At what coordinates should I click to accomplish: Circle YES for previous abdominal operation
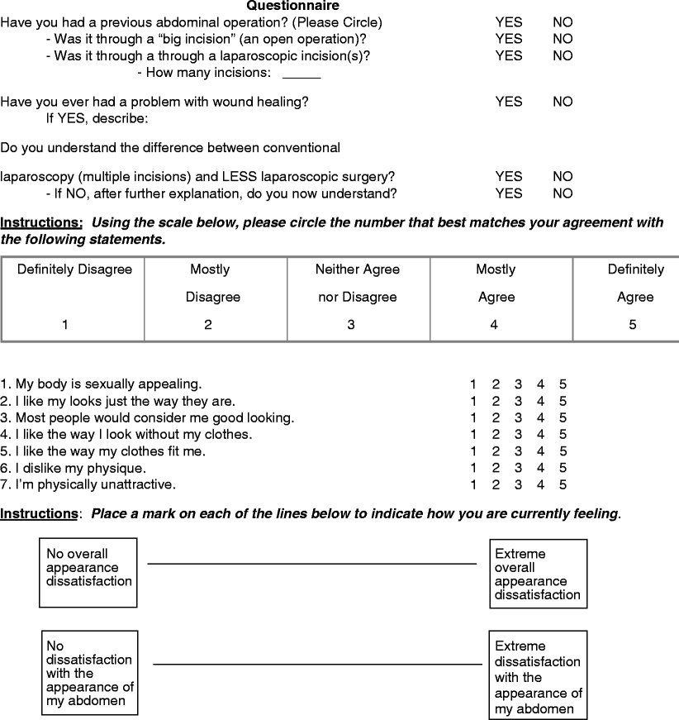coord(508,22)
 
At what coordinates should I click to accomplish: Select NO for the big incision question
coord(562,39)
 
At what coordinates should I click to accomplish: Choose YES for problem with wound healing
coord(508,102)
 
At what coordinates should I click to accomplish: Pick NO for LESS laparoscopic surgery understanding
coord(562,177)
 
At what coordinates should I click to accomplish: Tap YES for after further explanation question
coord(508,193)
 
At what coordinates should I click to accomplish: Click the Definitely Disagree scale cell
coord(74,298)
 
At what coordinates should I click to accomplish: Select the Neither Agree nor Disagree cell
coord(358,298)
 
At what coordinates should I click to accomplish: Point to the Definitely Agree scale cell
coord(632,298)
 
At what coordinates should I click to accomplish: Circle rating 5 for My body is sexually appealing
coord(562,384)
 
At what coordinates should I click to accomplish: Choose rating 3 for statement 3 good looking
coord(518,418)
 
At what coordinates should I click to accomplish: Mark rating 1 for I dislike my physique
coord(473,468)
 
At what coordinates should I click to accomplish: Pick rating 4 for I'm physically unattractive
coord(540,484)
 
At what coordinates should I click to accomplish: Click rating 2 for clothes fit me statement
coord(496,451)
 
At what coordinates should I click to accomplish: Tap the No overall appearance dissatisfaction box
coord(88,573)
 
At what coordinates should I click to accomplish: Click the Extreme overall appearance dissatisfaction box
coord(538,574)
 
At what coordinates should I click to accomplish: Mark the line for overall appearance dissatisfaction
coord(311,564)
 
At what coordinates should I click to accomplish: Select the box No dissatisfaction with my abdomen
coord(89,673)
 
